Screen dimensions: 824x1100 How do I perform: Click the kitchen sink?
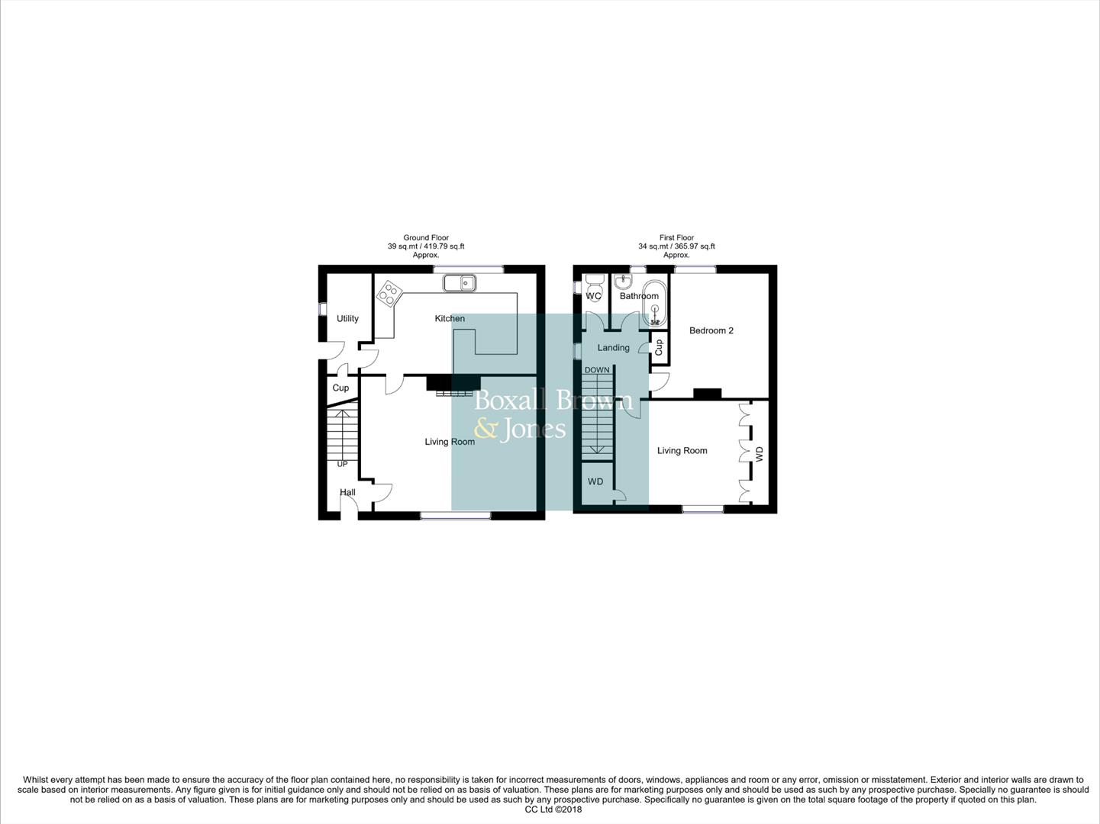point(460,283)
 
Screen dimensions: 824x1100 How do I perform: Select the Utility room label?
point(347,318)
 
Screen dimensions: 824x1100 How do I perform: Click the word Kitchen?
point(450,318)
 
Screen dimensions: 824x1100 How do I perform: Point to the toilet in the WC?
point(594,286)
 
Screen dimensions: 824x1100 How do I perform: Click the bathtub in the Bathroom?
point(654,304)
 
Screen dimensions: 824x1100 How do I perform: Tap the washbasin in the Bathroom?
point(623,282)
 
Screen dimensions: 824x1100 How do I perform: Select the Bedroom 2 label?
point(711,330)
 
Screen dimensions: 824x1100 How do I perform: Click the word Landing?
point(613,348)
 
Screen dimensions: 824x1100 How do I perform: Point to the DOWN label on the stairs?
point(597,370)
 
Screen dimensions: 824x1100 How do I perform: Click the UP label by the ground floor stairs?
point(342,464)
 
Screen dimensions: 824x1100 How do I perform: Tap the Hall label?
point(347,492)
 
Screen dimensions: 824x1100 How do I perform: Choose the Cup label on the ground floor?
point(340,388)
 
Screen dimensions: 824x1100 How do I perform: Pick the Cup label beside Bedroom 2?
point(659,347)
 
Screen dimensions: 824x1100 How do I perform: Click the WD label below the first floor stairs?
point(595,481)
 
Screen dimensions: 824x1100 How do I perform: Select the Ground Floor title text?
point(426,238)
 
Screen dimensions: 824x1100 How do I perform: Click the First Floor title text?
point(676,238)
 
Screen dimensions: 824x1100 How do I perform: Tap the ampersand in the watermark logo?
point(485,429)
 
